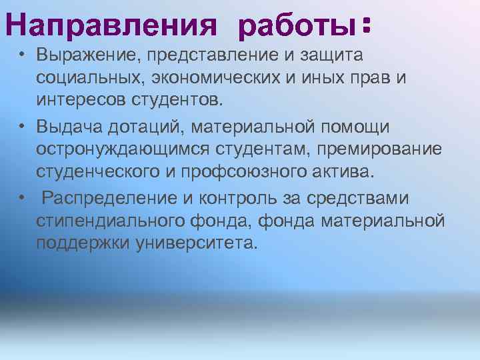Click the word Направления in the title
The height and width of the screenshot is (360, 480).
[x=112, y=27]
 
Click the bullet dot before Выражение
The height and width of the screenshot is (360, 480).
[x=22, y=53]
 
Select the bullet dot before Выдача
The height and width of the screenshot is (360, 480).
[x=22, y=125]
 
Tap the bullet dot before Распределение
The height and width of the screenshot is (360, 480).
[x=22, y=197]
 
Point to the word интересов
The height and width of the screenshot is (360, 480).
[x=81, y=101]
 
